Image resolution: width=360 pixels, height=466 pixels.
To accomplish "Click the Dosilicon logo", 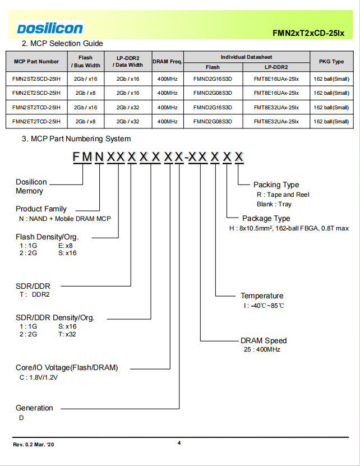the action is [x=50, y=29].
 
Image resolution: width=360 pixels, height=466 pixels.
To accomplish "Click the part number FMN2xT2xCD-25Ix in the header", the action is [x=308, y=33].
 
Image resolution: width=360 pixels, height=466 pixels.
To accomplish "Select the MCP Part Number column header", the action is [x=36, y=62].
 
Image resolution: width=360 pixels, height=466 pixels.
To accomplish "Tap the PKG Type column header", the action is [x=331, y=62].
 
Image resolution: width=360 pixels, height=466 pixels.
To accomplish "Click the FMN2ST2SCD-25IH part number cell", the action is [x=36, y=79].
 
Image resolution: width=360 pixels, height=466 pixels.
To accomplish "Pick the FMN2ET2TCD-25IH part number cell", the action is [x=36, y=122].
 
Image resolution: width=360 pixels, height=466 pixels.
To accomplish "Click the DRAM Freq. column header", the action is [x=168, y=62].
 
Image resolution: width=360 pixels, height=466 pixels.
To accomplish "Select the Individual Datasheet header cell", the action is [x=246, y=57].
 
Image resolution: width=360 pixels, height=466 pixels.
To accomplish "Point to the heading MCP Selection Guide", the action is [x=62, y=43].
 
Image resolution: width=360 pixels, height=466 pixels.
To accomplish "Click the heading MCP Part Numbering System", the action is [x=76, y=139].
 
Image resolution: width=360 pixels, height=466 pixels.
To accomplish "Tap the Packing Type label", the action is [x=276, y=185].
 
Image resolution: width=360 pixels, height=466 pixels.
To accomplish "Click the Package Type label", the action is [x=266, y=219].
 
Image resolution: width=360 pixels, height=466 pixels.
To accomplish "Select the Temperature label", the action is [x=262, y=296].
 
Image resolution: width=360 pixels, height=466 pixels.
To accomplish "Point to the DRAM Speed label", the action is [x=264, y=340].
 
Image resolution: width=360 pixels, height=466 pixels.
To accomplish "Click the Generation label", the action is [x=34, y=408].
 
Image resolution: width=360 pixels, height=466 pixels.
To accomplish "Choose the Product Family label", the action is [x=41, y=209].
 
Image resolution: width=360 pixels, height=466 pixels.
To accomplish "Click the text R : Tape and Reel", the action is [x=283, y=195].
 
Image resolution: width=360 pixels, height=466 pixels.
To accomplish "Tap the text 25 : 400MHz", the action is [x=262, y=349].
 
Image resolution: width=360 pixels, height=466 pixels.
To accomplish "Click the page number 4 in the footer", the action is [x=179, y=443].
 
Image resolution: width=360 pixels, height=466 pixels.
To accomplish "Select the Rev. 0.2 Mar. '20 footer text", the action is [x=34, y=445].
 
